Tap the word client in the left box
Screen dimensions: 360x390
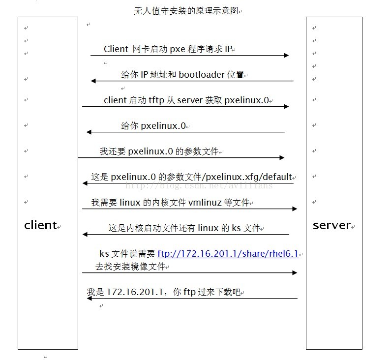point(40,225)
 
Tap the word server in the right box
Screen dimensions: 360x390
point(331,225)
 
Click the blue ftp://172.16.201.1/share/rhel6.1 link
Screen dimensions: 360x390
point(228,254)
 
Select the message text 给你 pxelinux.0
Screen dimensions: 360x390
point(153,125)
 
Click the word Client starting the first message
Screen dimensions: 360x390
point(116,49)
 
